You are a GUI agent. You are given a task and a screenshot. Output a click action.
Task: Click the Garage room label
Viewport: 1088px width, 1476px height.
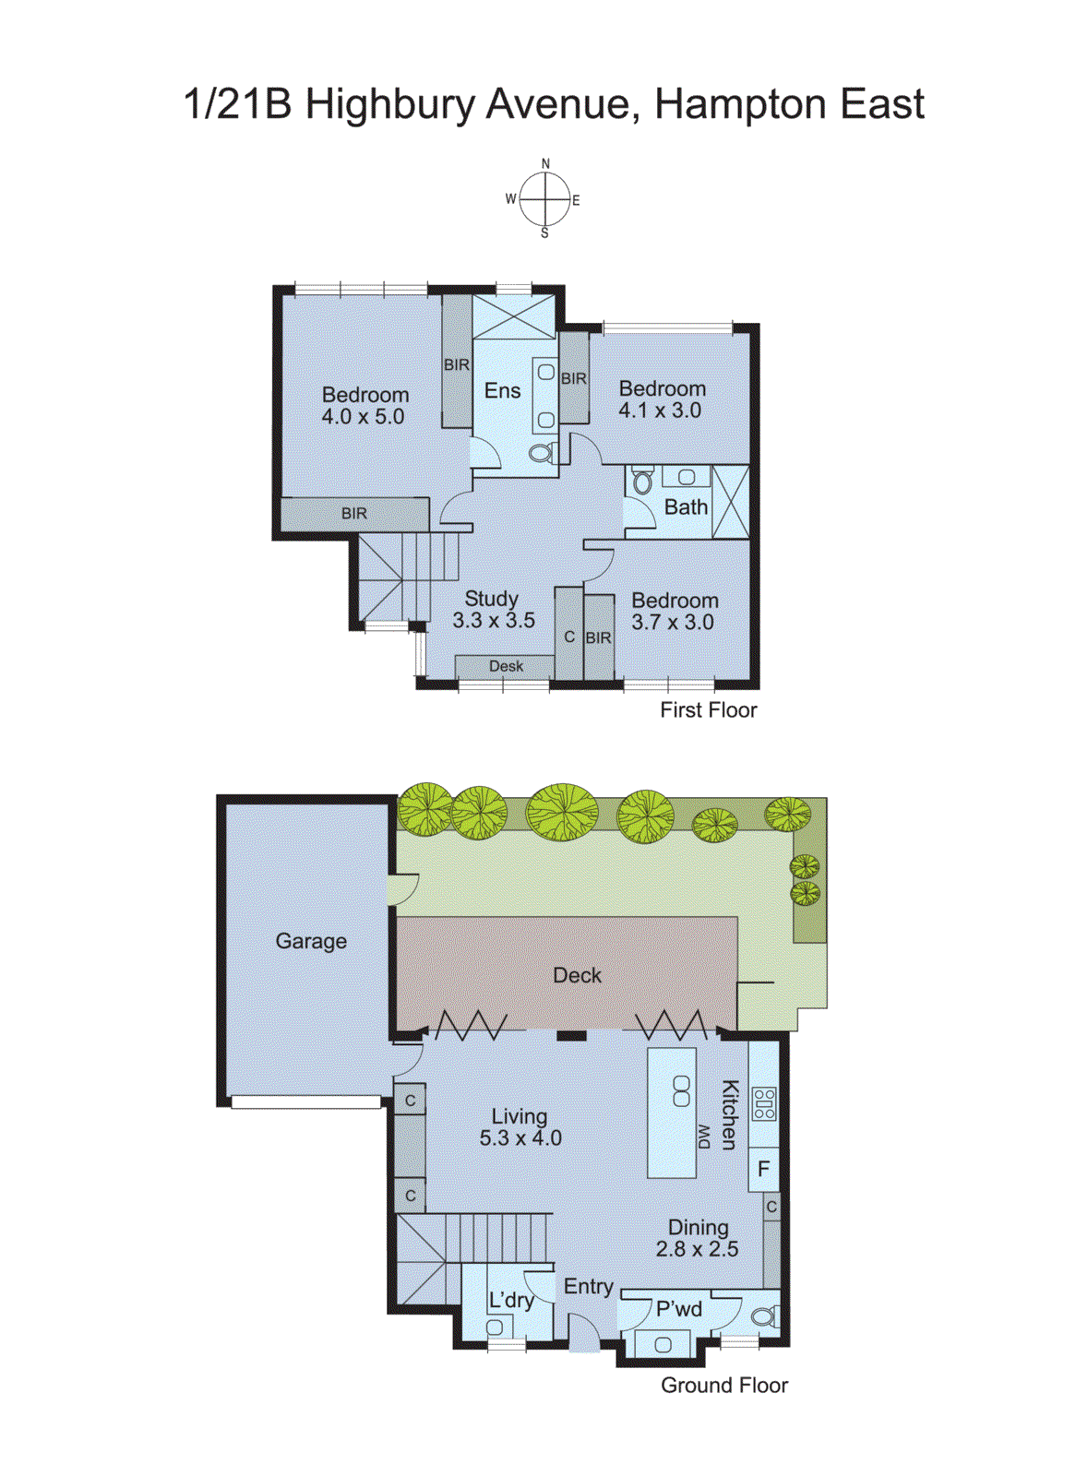(x=311, y=941)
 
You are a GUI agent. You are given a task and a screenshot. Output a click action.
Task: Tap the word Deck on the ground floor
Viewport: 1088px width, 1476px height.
(x=577, y=975)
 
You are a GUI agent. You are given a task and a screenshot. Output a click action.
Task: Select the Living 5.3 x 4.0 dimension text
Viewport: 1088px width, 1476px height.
(x=520, y=1138)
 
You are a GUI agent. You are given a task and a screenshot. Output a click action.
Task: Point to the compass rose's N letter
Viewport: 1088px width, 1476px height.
(x=545, y=164)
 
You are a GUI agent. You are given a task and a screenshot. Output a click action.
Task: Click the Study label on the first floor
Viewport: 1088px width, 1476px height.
(x=491, y=599)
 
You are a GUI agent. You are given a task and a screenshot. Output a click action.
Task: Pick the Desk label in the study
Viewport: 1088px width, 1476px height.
(x=506, y=666)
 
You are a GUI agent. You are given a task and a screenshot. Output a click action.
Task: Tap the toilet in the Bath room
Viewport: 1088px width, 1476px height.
(x=643, y=482)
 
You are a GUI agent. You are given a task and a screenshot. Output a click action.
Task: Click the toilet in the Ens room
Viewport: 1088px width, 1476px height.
(x=542, y=452)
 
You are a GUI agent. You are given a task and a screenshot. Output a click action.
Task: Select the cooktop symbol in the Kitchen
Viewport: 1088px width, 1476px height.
(x=764, y=1103)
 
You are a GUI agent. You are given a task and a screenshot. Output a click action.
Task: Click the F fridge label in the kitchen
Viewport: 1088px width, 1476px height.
(x=763, y=1170)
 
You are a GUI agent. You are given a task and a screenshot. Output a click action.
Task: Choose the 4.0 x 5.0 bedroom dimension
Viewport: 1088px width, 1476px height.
(x=363, y=417)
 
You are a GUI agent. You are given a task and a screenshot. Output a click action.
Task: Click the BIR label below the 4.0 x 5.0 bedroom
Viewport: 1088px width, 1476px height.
(x=354, y=514)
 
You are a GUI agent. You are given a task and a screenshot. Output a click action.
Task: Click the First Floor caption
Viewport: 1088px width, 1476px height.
(x=708, y=710)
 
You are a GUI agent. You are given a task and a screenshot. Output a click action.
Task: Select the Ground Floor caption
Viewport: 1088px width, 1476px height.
(x=724, y=1385)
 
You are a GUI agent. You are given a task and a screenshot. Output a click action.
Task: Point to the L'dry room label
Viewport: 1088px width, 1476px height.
(x=511, y=1300)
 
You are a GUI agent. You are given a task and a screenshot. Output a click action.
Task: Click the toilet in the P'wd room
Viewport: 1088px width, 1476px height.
(x=763, y=1316)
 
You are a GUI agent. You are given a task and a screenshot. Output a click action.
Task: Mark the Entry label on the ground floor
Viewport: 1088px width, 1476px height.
(x=589, y=1287)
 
